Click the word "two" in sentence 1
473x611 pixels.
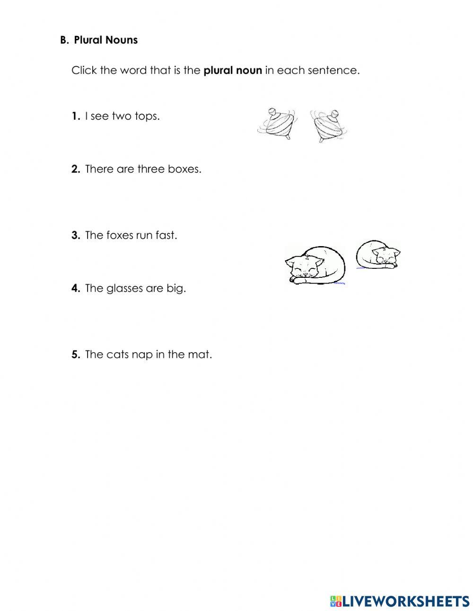click(122, 116)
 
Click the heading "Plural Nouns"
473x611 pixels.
click(105, 40)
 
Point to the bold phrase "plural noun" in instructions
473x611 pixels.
click(232, 71)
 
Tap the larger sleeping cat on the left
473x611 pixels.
click(315, 266)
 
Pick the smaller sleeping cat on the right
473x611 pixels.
click(378, 254)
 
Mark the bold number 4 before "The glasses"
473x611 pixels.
click(76, 289)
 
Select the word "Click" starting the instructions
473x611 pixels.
click(84, 71)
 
